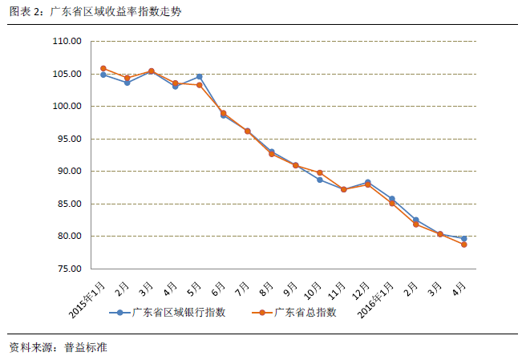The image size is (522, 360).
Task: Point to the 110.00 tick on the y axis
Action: [67, 42]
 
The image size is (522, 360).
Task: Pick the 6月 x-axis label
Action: [218, 285]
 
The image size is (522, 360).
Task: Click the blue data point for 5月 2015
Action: [199, 77]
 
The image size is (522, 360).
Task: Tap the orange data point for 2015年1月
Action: [103, 69]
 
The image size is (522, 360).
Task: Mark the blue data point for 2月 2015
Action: [127, 83]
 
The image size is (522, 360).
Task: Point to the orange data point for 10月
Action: [319, 172]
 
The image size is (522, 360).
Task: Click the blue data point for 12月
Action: [367, 183]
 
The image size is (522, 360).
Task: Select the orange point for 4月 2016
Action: [463, 244]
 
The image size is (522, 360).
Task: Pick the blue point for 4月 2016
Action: [463, 238]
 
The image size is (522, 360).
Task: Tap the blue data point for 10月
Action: [319, 180]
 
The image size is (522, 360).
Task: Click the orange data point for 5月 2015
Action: [199, 85]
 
